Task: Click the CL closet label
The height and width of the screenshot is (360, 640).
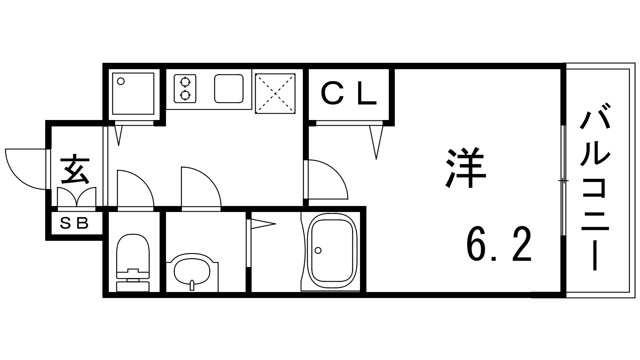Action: pyautogui.click(x=348, y=93)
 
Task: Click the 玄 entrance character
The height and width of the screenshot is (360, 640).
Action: pyautogui.click(x=74, y=169)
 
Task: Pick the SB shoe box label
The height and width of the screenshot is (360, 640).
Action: pyautogui.click(x=74, y=223)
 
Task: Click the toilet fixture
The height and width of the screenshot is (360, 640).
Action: pyautogui.click(x=133, y=262)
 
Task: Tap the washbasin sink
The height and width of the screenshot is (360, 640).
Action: pyautogui.click(x=192, y=272)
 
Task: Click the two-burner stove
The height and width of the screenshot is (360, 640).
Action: pyautogui.click(x=185, y=88)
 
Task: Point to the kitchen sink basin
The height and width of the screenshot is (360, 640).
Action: pyautogui.click(x=229, y=88)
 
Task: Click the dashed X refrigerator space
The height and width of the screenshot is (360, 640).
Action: pyautogui.click(x=275, y=94)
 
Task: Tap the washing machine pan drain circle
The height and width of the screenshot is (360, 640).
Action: pyautogui.click(x=121, y=82)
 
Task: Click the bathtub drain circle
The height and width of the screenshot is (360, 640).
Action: pyautogui.click(x=318, y=250)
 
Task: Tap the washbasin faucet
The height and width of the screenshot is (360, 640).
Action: pyautogui.click(x=192, y=286)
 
